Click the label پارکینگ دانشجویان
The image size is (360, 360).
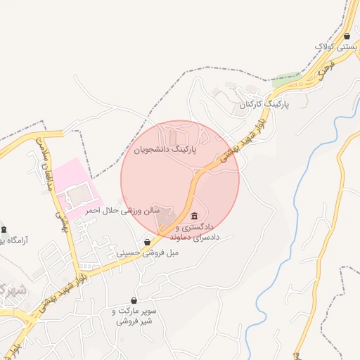tap(169, 150)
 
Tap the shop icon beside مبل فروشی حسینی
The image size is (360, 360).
tap(147, 242)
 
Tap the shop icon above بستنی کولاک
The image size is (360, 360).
tap(347, 36)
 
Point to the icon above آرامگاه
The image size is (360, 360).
tap(4, 229)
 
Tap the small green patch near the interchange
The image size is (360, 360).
tap(284, 80)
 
